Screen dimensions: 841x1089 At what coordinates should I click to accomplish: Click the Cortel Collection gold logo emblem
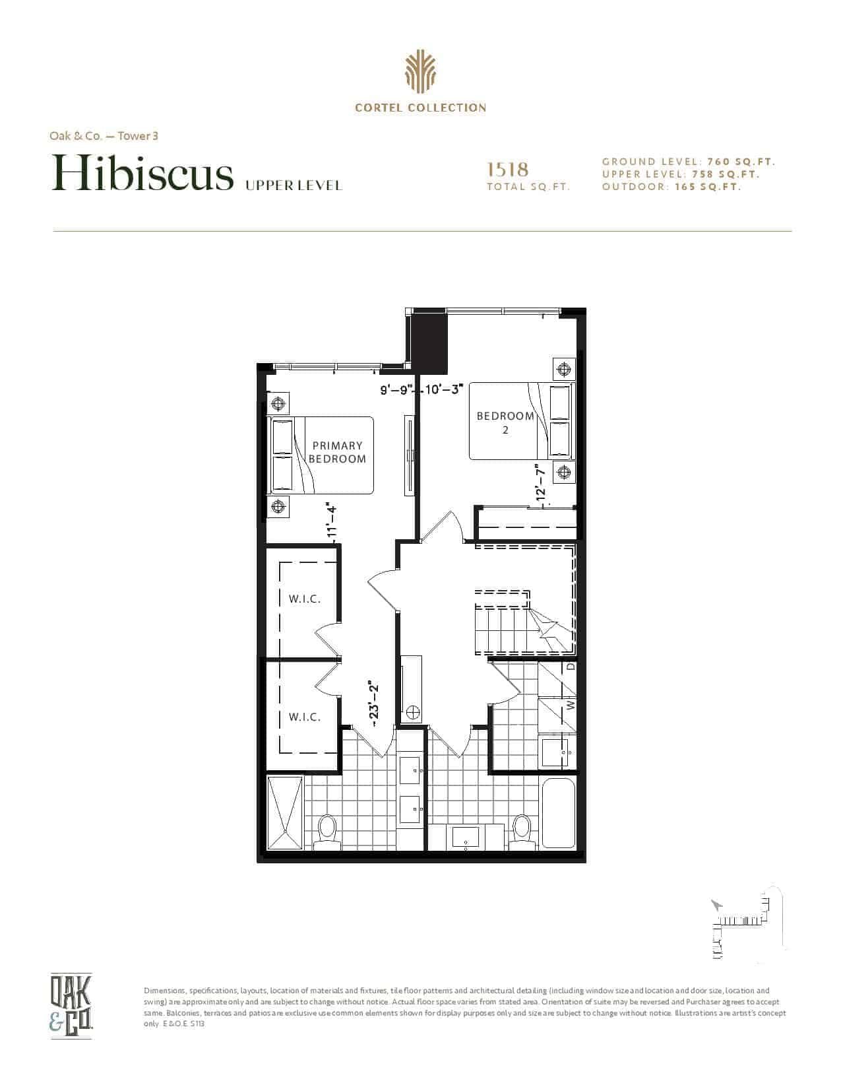420,72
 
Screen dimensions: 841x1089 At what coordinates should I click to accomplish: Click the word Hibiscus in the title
142,172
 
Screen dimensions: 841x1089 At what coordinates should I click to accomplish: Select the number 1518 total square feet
508,170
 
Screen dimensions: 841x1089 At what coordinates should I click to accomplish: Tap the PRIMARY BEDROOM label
337,452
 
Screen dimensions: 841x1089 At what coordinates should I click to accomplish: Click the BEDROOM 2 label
505,422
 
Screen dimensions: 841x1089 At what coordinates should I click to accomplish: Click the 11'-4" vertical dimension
332,521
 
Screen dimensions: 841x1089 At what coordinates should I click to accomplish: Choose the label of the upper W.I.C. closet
305,599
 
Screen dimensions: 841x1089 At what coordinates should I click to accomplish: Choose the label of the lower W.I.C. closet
305,717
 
